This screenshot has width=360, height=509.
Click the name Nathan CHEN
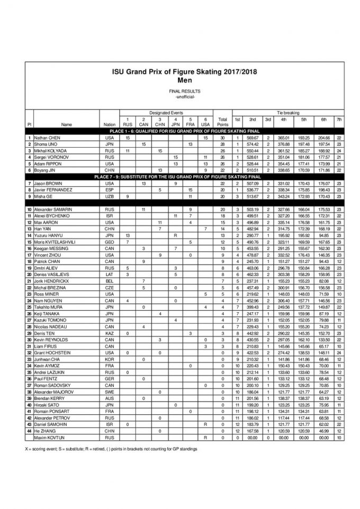click(x=46, y=138)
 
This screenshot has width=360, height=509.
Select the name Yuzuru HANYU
click(x=47, y=235)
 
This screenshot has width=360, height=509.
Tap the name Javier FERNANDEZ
click(x=50, y=189)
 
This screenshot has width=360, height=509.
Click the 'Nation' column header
click(x=110, y=125)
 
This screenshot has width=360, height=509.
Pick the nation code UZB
click(x=110, y=196)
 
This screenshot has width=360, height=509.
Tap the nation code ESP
click(x=110, y=189)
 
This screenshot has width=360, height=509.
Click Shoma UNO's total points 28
click(x=222, y=144)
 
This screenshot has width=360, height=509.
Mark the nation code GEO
click(x=110, y=242)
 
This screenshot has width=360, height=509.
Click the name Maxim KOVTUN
click(x=45, y=438)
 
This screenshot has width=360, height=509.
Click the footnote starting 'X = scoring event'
click(x=103, y=449)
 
